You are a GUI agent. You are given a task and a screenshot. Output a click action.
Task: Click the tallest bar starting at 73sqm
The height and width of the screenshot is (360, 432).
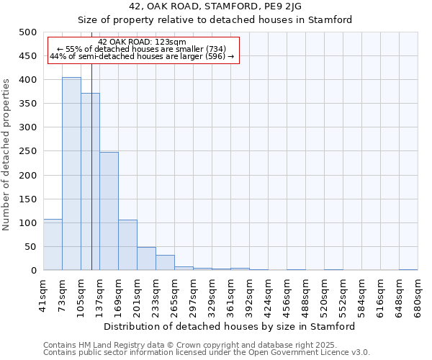(x=71, y=174)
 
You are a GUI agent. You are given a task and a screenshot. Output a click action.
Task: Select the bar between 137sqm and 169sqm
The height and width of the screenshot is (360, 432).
(x=109, y=211)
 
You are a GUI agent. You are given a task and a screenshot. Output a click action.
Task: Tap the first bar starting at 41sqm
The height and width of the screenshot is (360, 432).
(x=53, y=245)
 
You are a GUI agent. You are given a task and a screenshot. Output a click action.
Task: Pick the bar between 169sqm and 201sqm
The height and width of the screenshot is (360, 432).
(x=127, y=245)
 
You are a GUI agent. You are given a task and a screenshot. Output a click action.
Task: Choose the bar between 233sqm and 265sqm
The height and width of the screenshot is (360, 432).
(x=165, y=263)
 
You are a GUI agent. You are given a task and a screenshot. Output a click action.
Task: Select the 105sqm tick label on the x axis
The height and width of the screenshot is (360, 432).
(x=81, y=294)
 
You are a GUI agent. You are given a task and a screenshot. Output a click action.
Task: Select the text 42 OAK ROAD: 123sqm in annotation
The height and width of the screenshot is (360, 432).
(x=143, y=42)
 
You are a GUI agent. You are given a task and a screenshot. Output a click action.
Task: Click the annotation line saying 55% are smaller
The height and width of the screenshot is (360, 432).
(x=143, y=49)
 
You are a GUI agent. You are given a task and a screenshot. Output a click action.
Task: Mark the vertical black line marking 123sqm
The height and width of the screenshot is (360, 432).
(x=91, y=180)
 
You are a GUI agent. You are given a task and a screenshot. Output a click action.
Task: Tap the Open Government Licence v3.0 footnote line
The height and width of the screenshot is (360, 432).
(x=207, y=352)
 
